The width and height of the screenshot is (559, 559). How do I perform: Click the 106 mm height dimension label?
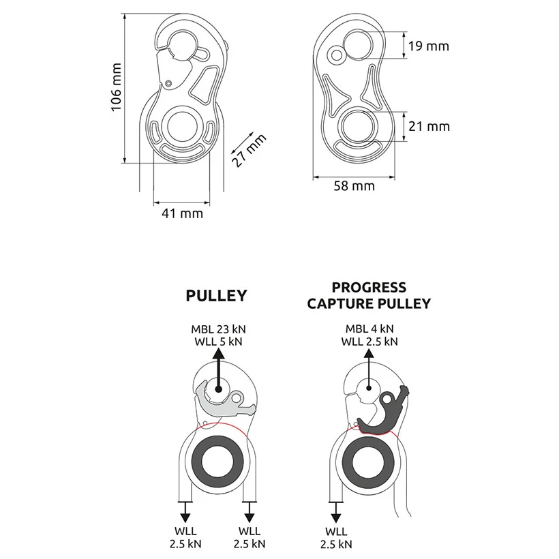click(116, 88)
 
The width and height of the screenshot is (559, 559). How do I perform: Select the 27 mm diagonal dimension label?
click(248, 150)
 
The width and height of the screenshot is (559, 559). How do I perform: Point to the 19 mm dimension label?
click(428, 46)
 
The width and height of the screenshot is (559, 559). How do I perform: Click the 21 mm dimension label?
click(428, 126)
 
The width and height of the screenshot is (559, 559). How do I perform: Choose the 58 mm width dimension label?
click(354, 185)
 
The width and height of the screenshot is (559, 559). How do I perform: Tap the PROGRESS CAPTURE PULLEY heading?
click(369, 295)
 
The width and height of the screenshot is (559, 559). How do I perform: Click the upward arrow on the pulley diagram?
click(218, 368)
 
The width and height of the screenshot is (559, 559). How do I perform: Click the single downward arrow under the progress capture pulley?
click(335, 510)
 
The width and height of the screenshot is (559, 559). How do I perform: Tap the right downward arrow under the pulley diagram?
click(249, 510)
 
